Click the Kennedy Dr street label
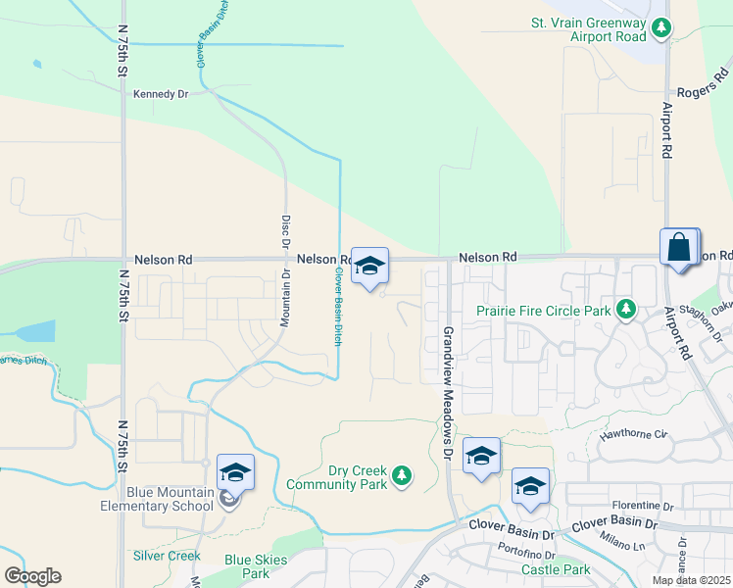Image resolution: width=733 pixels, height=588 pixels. click(160, 94)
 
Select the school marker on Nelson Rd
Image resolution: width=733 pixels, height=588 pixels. click(369, 266)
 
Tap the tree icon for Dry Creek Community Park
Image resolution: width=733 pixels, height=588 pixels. click(400, 476)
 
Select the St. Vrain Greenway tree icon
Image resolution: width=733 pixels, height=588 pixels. click(662, 27)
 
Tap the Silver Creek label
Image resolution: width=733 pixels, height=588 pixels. click(167, 556)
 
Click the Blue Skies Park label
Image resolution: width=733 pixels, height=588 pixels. click(247, 566)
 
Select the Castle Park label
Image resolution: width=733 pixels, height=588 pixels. click(556, 569)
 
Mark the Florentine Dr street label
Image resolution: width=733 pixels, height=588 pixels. click(642, 507)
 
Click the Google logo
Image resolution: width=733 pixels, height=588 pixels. click(32, 576)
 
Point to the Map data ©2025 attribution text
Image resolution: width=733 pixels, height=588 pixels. click(691, 581)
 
